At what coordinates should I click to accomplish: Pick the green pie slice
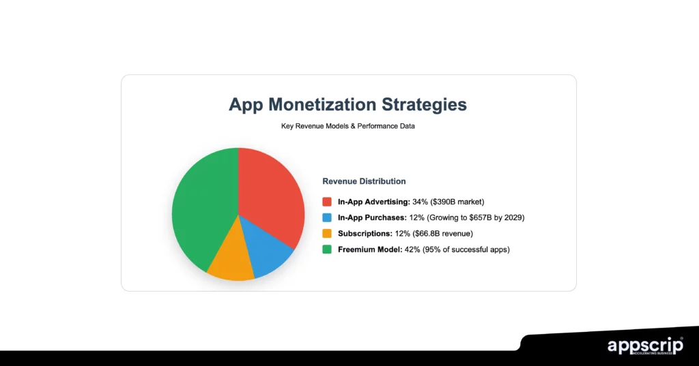[x=201, y=204]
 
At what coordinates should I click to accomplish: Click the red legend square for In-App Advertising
[x=327, y=202]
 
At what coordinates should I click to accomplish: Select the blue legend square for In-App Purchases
[x=327, y=217]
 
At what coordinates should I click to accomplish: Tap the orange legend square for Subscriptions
[x=327, y=233]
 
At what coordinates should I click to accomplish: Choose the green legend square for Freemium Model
[x=327, y=249]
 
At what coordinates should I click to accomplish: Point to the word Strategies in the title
[x=425, y=104]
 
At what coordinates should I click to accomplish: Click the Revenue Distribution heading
[x=364, y=181]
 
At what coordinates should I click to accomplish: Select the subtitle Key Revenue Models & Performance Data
[x=348, y=126]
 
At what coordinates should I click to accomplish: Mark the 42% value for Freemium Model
[x=409, y=249]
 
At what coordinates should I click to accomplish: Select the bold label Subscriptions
[x=365, y=233]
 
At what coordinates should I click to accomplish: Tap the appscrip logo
[x=644, y=346]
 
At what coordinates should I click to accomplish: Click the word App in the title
[x=245, y=104]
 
